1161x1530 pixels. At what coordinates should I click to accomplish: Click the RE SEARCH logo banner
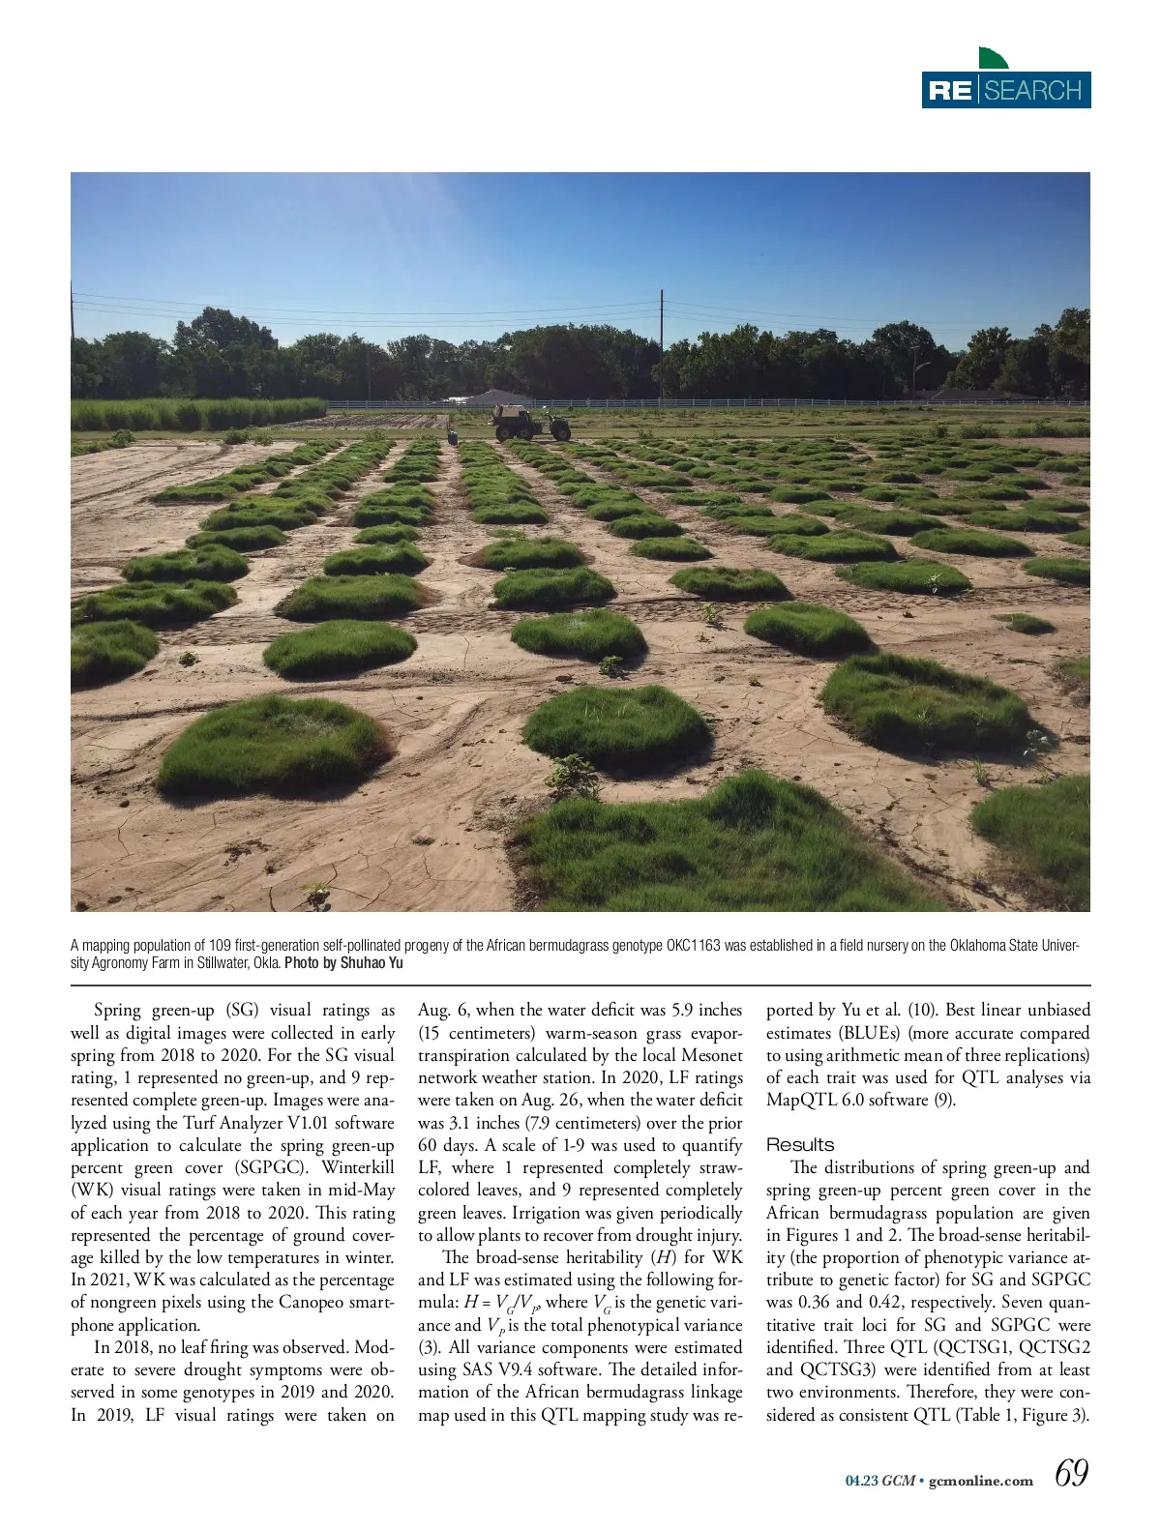click(x=1006, y=90)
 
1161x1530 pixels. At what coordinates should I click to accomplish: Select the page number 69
click(x=1071, y=1473)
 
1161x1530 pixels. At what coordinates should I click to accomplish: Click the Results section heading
click(x=800, y=1145)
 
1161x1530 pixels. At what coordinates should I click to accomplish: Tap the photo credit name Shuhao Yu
click(x=372, y=963)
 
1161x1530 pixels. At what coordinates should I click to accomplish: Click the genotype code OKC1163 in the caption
click(x=693, y=946)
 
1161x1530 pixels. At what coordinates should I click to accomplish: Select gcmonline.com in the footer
click(x=980, y=1481)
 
